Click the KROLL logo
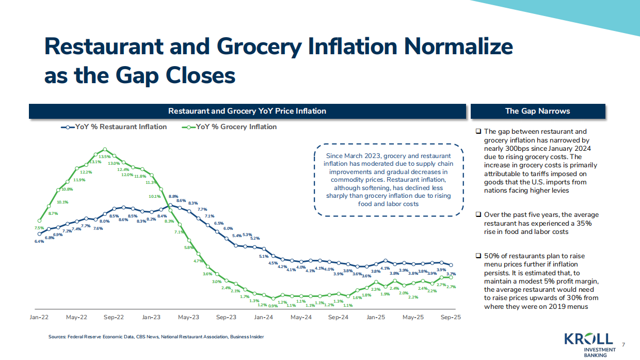pos(588,339)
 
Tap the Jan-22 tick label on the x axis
pos(39,317)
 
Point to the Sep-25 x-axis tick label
pos(451,317)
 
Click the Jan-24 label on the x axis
pos(263,317)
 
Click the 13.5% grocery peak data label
pos(104,156)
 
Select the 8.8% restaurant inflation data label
pos(173,196)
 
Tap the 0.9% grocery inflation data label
pos(273,306)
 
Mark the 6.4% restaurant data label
pos(39,241)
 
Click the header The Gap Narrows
pos(537,111)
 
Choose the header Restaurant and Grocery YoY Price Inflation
pos(247,111)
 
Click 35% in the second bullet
pos(584,223)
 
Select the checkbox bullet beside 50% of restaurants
pos(478,256)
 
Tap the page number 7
pos(623,345)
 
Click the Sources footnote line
pos(156,337)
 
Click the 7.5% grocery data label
pos(39,228)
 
